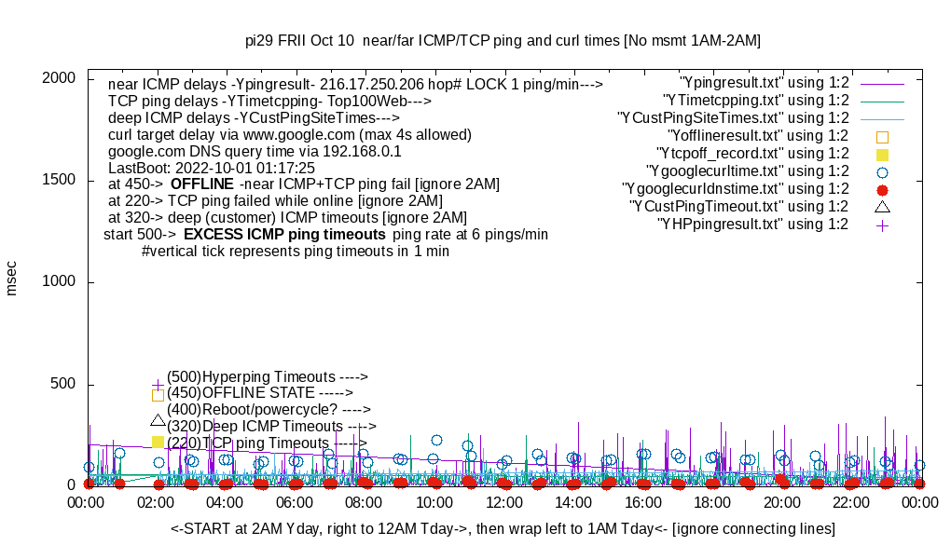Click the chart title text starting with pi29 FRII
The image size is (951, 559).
tap(503, 40)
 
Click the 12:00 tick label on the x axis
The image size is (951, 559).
tap(503, 501)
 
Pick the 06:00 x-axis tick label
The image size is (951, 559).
tap(295, 501)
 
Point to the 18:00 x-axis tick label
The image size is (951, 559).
tap(711, 501)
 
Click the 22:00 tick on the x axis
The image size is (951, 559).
tap(850, 501)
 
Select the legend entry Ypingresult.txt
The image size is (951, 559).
tap(764, 83)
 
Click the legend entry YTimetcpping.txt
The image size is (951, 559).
tap(755, 101)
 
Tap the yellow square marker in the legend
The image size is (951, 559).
tap(882, 154)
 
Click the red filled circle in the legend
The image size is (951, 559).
tap(882, 189)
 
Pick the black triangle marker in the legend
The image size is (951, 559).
tap(882, 206)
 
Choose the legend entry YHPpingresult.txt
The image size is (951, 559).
tap(752, 225)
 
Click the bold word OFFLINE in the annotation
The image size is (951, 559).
tap(201, 184)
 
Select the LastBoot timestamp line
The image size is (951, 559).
tap(212, 167)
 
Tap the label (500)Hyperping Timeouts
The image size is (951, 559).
tap(268, 376)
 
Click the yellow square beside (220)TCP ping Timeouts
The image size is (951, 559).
tap(158, 442)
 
